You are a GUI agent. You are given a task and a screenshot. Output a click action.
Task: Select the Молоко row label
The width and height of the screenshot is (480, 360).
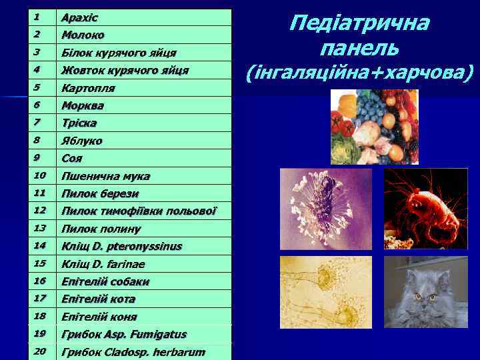coord(83,35)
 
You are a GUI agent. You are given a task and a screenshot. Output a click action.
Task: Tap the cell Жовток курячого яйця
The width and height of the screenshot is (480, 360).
coord(125,70)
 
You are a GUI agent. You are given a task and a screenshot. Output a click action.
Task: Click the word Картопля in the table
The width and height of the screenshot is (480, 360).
coord(88,88)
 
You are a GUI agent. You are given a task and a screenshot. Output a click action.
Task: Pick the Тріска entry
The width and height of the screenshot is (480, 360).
coord(79,123)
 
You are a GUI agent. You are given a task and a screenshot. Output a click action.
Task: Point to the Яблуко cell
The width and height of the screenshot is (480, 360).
coord(82,141)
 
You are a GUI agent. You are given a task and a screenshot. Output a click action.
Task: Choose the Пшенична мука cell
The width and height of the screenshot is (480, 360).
coord(105,176)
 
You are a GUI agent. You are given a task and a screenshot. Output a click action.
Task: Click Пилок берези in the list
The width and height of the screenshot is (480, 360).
coord(100,194)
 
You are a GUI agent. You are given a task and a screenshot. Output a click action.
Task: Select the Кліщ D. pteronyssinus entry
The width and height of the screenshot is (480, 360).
coord(121,246)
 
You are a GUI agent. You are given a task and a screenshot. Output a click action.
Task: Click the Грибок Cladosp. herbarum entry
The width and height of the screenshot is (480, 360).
coord(133,352)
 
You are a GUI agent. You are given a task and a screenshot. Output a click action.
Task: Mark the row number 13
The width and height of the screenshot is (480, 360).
coord(39,227)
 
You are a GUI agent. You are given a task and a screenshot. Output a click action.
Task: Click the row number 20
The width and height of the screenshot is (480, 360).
coord(39,351)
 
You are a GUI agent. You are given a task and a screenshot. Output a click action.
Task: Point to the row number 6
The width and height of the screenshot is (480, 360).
coord(37,105)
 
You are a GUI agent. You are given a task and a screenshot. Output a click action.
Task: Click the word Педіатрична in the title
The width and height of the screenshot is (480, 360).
coord(359,24)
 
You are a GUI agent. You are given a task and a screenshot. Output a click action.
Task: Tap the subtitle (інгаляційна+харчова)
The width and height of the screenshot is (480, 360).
coord(359,71)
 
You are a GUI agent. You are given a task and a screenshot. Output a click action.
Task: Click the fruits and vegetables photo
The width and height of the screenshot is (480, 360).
coord(374,126)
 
